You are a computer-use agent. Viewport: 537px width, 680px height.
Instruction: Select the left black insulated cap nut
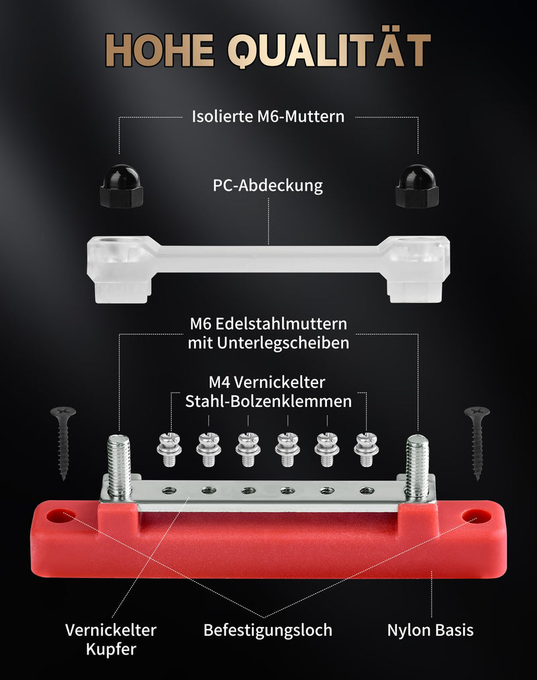[x=121, y=186]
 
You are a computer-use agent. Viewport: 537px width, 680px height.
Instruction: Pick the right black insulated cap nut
[x=417, y=186]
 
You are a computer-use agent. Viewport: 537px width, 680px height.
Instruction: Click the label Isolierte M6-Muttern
[x=268, y=116]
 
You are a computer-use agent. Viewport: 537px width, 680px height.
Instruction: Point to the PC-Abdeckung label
[x=268, y=185]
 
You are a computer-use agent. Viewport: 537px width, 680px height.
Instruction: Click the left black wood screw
[x=63, y=443]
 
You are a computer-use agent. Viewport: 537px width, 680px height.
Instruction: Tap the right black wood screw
[x=477, y=443]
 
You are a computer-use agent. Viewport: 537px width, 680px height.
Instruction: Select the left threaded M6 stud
[x=119, y=466]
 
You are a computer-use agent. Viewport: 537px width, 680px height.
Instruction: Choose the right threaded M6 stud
[x=417, y=466]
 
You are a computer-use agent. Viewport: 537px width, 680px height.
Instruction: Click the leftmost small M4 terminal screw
[x=169, y=449]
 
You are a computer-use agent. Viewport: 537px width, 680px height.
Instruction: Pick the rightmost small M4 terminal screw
[x=366, y=449]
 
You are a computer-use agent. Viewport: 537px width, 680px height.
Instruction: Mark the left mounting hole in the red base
[x=60, y=516]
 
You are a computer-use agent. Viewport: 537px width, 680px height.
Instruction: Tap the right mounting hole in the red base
[x=476, y=516]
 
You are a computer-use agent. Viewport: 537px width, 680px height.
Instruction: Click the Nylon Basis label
[x=430, y=630]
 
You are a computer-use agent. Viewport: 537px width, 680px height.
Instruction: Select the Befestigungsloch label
[x=268, y=630]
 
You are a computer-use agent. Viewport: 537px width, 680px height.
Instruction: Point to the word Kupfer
[x=111, y=650]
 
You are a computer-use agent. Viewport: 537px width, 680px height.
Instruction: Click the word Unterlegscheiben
[x=283, y=342]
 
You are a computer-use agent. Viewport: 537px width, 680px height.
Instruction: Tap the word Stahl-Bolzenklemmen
[x=268, y=401]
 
